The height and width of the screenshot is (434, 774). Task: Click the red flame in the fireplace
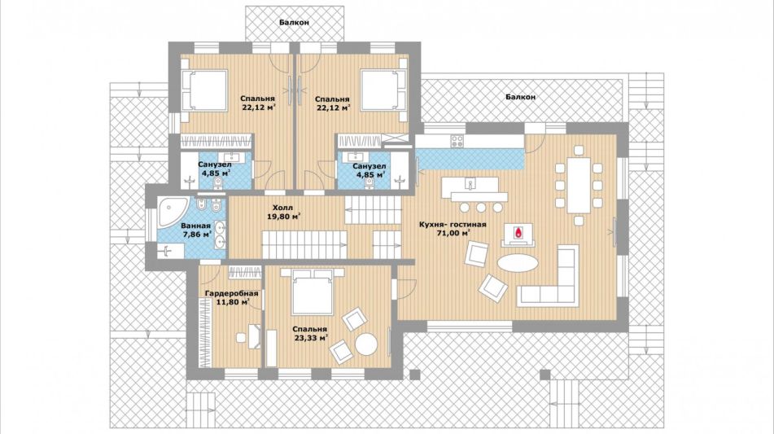(518, 232)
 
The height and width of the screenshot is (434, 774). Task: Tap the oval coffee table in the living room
(518, 263)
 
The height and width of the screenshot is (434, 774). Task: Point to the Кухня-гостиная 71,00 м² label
(453, 229)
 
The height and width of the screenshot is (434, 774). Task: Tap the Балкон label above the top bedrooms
(294, 22)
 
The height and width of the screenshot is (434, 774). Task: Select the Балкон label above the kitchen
(520, 97)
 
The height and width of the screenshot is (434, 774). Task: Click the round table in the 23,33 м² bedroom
(367, 344)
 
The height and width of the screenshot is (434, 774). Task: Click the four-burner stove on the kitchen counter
(457, 141)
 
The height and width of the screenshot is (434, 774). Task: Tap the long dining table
(579, 185)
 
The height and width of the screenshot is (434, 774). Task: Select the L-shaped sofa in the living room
(549, 277)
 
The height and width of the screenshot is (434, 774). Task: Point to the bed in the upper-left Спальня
(203, 90)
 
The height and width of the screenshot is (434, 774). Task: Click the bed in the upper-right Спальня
(383, 90)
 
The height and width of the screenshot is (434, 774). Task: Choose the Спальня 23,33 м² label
(309, 334)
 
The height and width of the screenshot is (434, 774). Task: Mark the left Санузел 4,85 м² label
(215, 169)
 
